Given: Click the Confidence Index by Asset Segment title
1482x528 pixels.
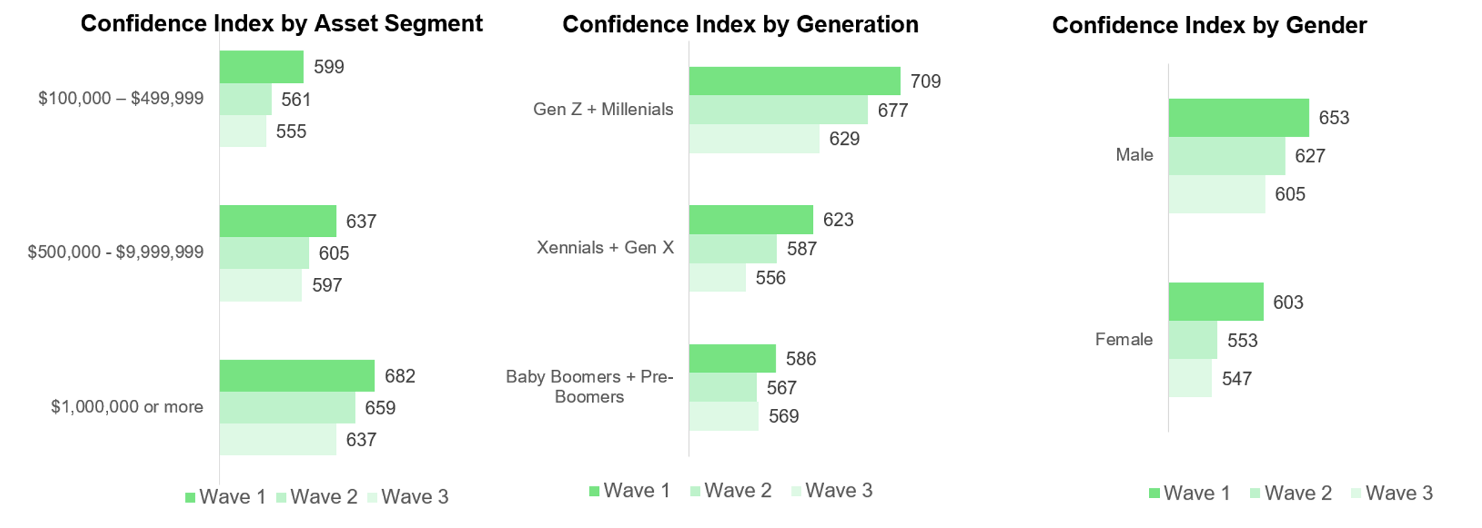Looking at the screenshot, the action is [x=281, y=24].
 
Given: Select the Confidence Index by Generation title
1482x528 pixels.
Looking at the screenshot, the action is [x=740, y=24].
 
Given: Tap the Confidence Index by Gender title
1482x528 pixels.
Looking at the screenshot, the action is [x=1209, y=25].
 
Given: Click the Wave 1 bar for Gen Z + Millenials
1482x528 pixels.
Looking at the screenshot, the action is [x=794, y=81].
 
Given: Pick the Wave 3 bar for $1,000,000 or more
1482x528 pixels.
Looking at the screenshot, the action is [x=278, y=439].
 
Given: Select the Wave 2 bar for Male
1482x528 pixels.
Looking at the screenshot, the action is [x=1226, y=156].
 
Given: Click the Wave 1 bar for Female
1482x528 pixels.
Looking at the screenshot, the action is [x=1216, y=301].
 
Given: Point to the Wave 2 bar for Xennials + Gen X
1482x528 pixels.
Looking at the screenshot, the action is [x=733, y=249].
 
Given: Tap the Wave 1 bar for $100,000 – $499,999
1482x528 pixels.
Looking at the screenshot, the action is [x=261, y=67].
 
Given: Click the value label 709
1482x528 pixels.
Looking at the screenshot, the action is [x=925, y=81].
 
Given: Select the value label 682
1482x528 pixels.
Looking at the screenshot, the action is [x=400, y=376].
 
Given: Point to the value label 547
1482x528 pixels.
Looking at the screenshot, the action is [x=1236, y=378].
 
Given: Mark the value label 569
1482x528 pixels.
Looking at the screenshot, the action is [x=783, y=416].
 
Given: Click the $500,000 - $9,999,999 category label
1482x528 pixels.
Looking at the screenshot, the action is [x=116, y=252].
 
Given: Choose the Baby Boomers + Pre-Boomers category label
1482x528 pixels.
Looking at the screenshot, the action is [x=589, y=387].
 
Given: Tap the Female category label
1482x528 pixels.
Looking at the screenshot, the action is [x=1124, y=339].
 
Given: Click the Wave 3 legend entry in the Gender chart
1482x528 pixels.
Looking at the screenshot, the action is [x=1392, y=493].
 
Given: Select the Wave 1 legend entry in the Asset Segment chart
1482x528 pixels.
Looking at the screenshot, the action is [x=226, y=497].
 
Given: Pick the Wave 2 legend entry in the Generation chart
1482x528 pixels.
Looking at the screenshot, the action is [x=731, y=491].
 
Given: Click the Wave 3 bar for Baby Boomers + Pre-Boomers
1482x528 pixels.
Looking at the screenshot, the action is [x=724, y=416].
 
